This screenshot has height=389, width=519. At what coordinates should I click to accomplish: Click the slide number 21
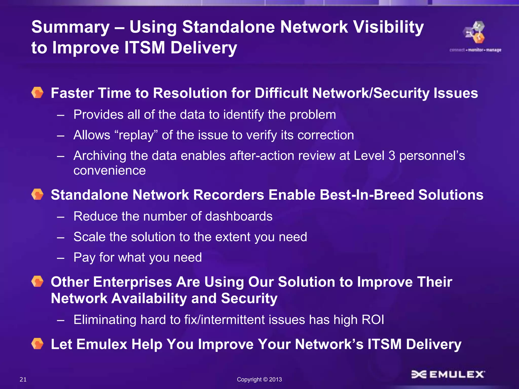[23, 379]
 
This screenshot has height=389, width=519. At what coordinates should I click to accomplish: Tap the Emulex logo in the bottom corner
[448, 374]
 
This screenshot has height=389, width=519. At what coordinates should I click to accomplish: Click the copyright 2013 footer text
[259, 379]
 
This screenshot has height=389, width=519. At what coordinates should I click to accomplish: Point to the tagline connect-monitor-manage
[475, 50]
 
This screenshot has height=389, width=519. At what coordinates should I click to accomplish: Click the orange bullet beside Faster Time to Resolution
[38, 93]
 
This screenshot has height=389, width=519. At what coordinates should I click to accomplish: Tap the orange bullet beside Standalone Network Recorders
[38, 194]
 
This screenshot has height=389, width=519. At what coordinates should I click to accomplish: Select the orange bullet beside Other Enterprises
[38, 282]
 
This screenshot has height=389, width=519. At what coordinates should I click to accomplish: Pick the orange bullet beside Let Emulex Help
[38, 344]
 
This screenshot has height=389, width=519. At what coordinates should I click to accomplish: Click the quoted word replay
[136, 135]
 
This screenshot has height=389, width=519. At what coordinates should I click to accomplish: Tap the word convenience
[109, 170]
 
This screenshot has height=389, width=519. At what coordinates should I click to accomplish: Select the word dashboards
[239, 216]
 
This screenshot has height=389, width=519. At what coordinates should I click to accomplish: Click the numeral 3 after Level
[392, 155]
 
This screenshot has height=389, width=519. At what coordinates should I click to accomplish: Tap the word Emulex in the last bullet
[102, 344]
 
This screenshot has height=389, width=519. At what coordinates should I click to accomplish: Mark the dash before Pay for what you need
[61, 258]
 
